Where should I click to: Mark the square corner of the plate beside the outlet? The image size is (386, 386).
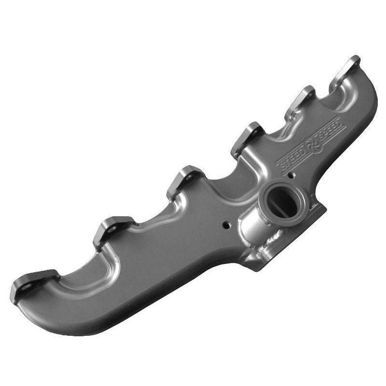click(x=324, y=209)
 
